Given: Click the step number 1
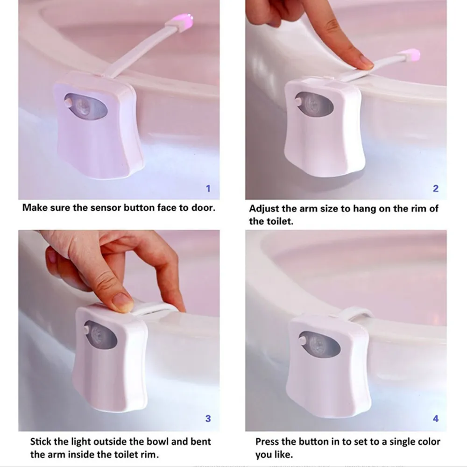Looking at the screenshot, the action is [x=208, y=188].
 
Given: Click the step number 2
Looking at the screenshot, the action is [x=435, y=188].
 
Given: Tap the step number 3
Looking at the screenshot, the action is [x=208, y=418].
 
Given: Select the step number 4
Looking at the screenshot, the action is [x=435, y=418].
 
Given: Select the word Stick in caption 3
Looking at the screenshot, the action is [x=41, y=441].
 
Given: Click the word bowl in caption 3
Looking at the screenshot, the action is [x=159, y=441].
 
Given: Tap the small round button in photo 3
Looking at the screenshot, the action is [x=87, y=330].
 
